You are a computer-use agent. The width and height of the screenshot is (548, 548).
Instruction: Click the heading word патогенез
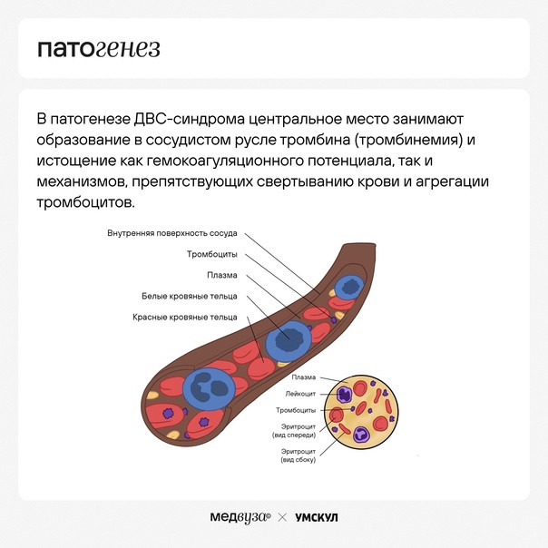[99, 49]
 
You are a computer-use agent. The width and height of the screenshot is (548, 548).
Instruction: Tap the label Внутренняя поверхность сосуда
[172, 233]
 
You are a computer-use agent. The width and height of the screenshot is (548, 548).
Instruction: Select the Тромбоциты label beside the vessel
[211, 254]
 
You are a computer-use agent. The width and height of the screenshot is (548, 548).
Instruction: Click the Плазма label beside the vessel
[222, 275]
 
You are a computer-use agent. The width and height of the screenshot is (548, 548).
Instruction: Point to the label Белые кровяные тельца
[190, 296]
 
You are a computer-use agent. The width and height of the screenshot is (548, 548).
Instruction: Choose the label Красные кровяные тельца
[185, 317]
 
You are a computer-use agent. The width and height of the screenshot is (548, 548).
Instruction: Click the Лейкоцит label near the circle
[300, 394]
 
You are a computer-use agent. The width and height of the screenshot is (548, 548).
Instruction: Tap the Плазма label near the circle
[304, 377]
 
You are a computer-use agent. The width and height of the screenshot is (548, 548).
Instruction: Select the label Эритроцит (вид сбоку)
[298, 455]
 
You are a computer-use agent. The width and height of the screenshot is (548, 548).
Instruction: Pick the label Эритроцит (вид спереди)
[294, 431]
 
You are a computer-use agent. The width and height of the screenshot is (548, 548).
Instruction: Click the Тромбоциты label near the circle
[296, 410]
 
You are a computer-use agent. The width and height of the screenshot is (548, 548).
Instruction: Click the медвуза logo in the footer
[240, 517]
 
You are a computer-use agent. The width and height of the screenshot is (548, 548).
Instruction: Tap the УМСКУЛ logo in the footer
[317, 517]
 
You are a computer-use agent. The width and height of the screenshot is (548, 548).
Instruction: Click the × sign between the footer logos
[282, 517]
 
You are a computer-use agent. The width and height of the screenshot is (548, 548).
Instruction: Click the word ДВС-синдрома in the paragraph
[190, 119]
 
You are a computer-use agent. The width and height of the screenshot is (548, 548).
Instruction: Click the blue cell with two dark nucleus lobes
[209, 388]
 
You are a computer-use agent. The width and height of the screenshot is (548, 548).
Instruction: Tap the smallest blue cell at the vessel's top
[348, 287]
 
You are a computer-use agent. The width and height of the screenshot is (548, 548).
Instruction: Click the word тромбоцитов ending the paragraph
[85, 202]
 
